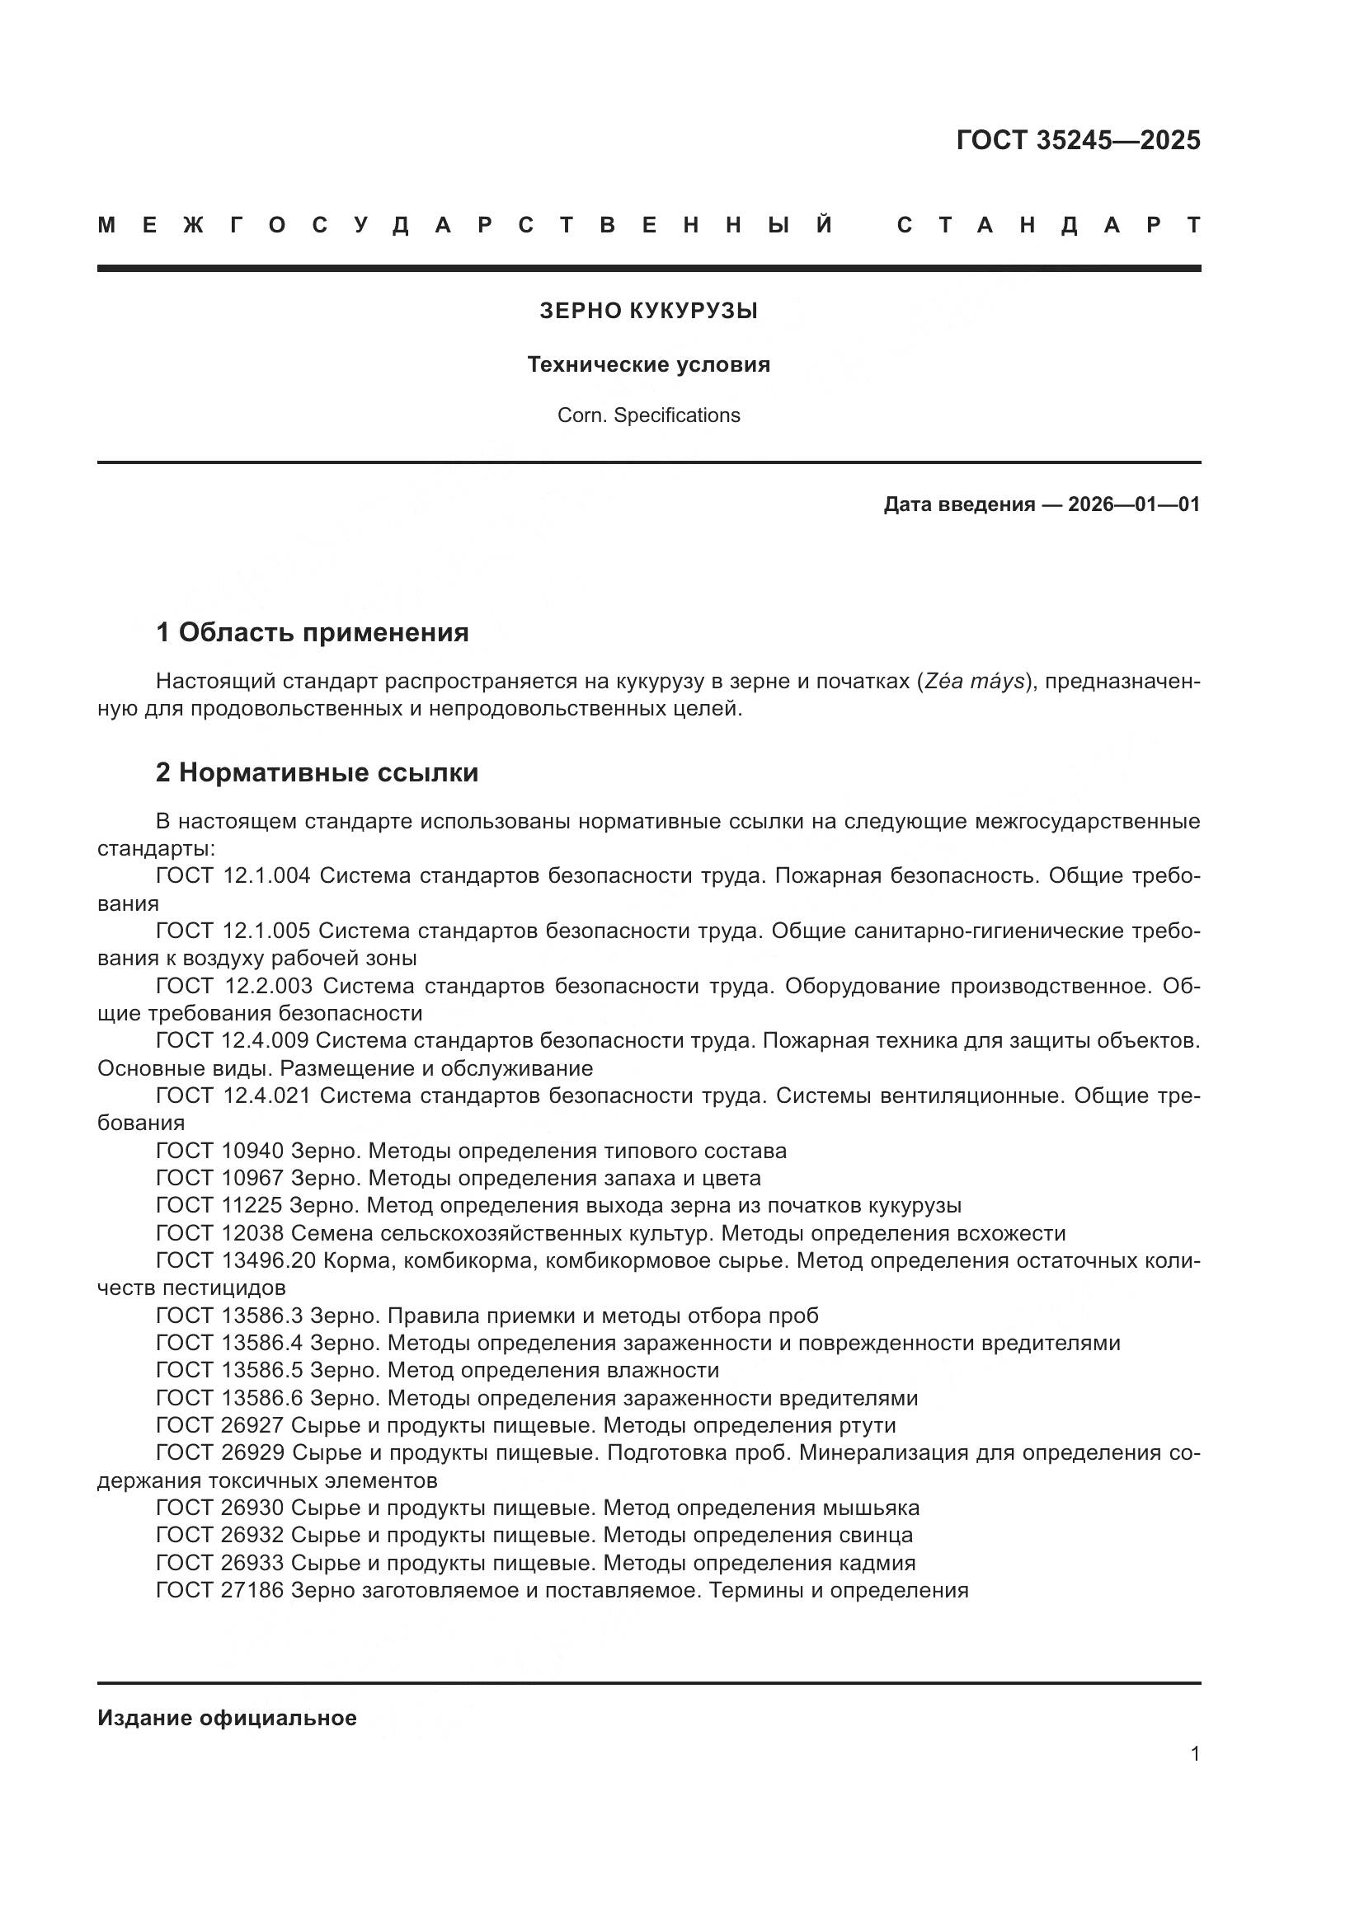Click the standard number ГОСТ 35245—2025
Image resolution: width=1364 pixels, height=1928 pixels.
point(1078,140)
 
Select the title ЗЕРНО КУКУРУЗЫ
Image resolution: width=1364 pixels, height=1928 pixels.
point(648,312)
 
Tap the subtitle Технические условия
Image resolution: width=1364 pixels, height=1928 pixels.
point(648,365)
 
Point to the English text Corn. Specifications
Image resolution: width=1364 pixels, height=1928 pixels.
point(648,415)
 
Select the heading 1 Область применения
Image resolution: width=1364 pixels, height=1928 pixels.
point(313,632)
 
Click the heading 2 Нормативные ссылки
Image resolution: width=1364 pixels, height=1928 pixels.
point(317,772)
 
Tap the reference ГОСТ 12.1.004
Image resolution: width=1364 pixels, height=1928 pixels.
point(233,876)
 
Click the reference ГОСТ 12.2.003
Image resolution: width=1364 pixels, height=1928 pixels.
point(234,986)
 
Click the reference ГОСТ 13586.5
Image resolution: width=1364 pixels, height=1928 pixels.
point(228,1371)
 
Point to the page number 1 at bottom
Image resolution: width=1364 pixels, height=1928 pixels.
point(1194,1754)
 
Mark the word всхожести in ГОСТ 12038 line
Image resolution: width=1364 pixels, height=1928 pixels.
point(1011,1234)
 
